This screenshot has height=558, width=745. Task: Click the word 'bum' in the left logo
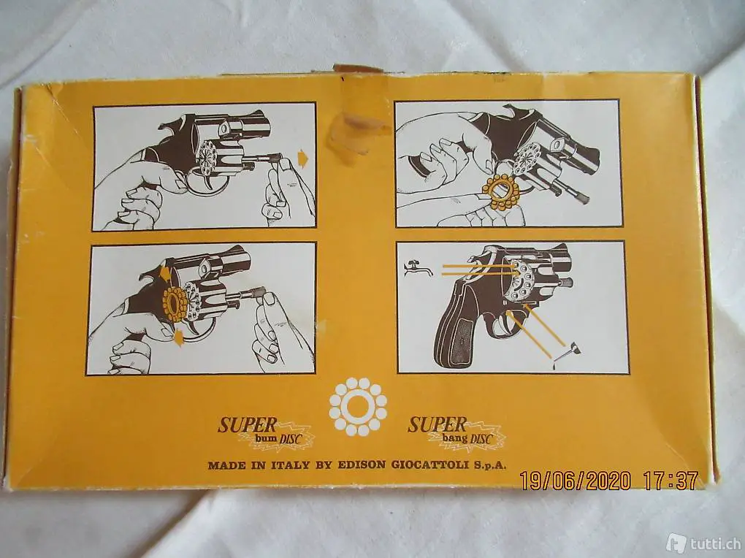pyautogui.click(x=266, y=438)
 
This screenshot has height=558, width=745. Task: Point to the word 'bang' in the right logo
pyautogui.click(x=454, y=437)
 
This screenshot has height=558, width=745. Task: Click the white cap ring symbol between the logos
pyautogui.click(x=358, y=407)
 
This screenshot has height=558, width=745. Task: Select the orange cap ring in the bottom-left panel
pyautogui.click(x=175, y=305)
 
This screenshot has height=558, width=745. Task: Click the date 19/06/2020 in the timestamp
pyautogui.click(x=576, y=481)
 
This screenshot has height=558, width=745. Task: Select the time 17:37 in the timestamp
pyautogui.click(x=670, y=480)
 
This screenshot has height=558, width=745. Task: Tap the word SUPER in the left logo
pyautogui.click(x=248, y=424)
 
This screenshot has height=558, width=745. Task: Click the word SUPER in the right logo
pyautogui.click(x=437, y=424)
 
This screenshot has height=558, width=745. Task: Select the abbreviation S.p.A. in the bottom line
pyautogui.click(x=489, y=465)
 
